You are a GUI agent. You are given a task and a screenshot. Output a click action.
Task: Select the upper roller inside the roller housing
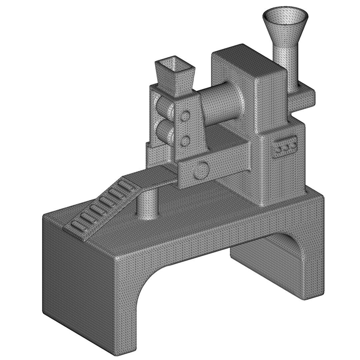pos(163,107)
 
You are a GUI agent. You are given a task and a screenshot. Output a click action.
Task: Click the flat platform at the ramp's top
pos(153,177)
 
